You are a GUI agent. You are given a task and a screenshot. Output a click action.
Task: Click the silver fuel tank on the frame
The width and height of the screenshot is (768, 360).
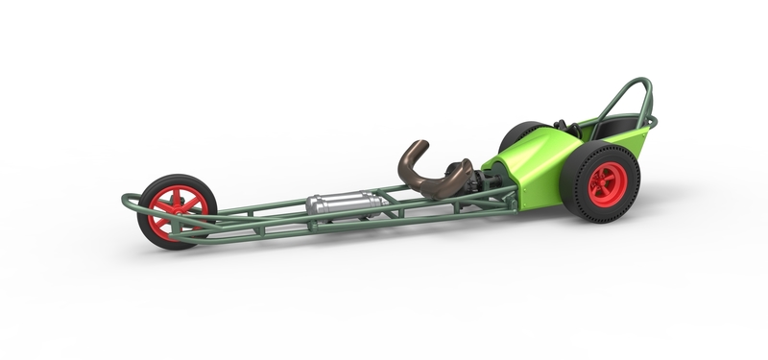click(345, 204)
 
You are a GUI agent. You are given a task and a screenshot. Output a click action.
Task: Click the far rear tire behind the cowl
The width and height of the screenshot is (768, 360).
click(516, 134)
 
